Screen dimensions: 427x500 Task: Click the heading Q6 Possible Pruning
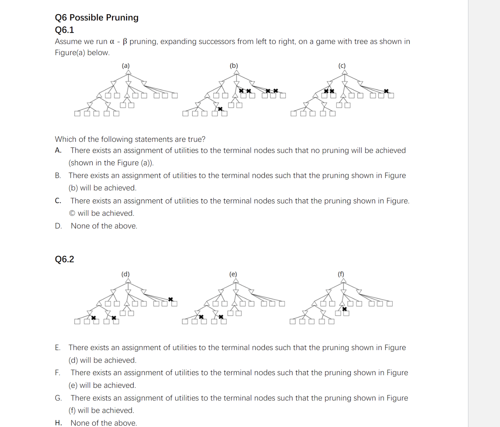tap(97, 18)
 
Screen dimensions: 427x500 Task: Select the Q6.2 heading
tap(64, 259)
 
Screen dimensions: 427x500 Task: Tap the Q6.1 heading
tap(64, 30)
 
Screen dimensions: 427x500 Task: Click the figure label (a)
tap(126, 66)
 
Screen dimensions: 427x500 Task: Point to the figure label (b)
tap(234, 66)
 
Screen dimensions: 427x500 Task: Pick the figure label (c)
tap(342, 66)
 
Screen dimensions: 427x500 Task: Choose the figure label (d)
tap(125, 274)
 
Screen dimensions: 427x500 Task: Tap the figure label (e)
tap(233, 274)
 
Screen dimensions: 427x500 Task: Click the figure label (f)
tap(341, 274)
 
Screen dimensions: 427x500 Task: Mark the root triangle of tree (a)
tap(128, 72)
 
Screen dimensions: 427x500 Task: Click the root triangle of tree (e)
tap(236, 280)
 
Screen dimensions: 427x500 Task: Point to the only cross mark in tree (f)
tap(344, 309)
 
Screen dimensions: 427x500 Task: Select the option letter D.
tap(58, 226)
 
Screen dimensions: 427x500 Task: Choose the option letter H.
tap(58, 423)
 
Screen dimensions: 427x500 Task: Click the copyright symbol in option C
tap(72, 213)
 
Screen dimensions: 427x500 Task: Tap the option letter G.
tap(58, 398)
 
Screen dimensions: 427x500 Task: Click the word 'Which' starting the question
tap(65, 139)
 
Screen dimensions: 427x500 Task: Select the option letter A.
tap(58, 150)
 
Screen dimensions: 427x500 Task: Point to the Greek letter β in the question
tap(125, 42)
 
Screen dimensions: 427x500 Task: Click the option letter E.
tap(58, 347)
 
